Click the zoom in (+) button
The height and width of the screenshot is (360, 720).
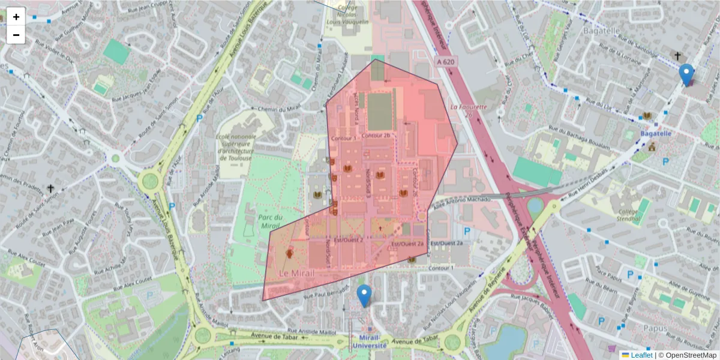(x=16, y=17)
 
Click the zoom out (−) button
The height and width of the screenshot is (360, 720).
(x=16, y=35)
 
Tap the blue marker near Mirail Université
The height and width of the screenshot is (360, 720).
(x=364, y=295)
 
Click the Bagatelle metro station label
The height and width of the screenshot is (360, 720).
(x=655, y=133)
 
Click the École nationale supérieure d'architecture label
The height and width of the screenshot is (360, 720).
(x=235, y=148)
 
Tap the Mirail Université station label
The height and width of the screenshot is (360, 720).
(x=369, y=341)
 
